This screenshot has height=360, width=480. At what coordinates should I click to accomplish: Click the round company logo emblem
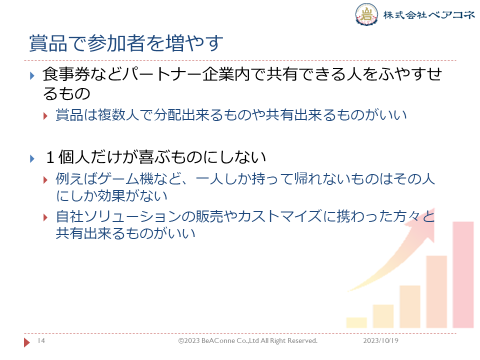tap(366, 14)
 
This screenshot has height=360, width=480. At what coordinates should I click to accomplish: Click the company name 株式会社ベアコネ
tap(429, 14)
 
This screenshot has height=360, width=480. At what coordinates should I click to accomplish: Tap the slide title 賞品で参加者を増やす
tap(126, 43)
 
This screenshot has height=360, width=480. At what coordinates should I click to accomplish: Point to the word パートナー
tap(161, 74)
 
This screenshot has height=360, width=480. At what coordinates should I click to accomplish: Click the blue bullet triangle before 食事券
tap(32, 75)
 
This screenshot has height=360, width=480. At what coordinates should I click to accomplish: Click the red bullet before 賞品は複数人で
tap(45, 116)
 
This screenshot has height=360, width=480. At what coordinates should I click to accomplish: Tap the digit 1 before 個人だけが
tap(50, 157)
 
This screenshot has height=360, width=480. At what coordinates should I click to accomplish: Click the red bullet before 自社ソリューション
tap(45, 217)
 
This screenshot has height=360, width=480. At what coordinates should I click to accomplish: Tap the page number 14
tap(41, 340)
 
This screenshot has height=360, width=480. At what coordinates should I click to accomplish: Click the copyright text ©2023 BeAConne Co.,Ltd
tap(218, 340)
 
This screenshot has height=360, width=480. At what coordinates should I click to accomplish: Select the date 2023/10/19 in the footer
tap(381, 340)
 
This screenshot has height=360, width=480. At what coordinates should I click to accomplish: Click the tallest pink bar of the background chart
tap(463, 275)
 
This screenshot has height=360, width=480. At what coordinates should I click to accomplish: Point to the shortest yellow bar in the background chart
tap(356, 322)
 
